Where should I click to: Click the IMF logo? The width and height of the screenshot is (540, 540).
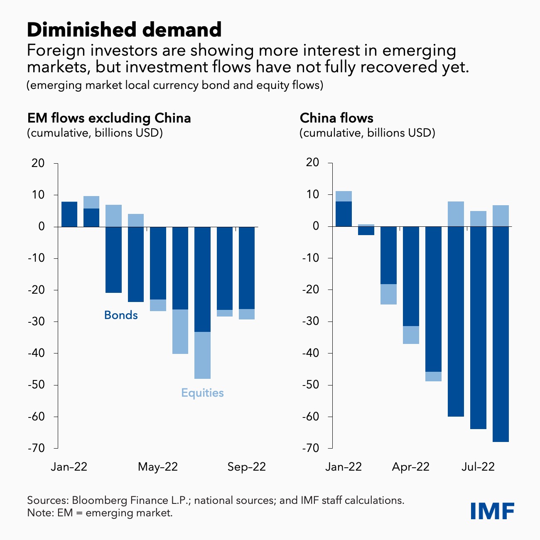pyautogui.click(x=492, y=511)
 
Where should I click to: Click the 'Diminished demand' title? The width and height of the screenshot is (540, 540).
pyautogui.click(x=124, y=30)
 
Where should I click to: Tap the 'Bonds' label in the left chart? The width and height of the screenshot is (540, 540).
pyautogui.click(x=121, y=315)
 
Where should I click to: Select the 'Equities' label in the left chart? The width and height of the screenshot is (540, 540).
pyautogui.click(x=202, y=393)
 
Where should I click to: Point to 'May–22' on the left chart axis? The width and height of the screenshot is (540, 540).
pyautogui.click(x=158, y=467)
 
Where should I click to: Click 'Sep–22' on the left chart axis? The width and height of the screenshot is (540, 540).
pyautogui.click(x=246, y=467)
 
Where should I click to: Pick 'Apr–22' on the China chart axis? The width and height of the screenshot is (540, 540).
pyautogui.click(x=410, y=467)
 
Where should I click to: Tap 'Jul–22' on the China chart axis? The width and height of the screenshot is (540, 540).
pyautogui.click(x=478, y=467)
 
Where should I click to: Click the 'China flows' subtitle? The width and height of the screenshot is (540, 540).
pyautogui.click(x=336, y=118)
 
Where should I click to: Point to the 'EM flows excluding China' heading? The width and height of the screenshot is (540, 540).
pyautogui.click(x=109, y=118)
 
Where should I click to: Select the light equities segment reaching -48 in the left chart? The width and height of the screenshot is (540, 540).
pyautogui.click(x=203, y=355)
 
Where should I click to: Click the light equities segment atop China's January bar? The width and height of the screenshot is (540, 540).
pyautogui.click(x=344, y=196)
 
